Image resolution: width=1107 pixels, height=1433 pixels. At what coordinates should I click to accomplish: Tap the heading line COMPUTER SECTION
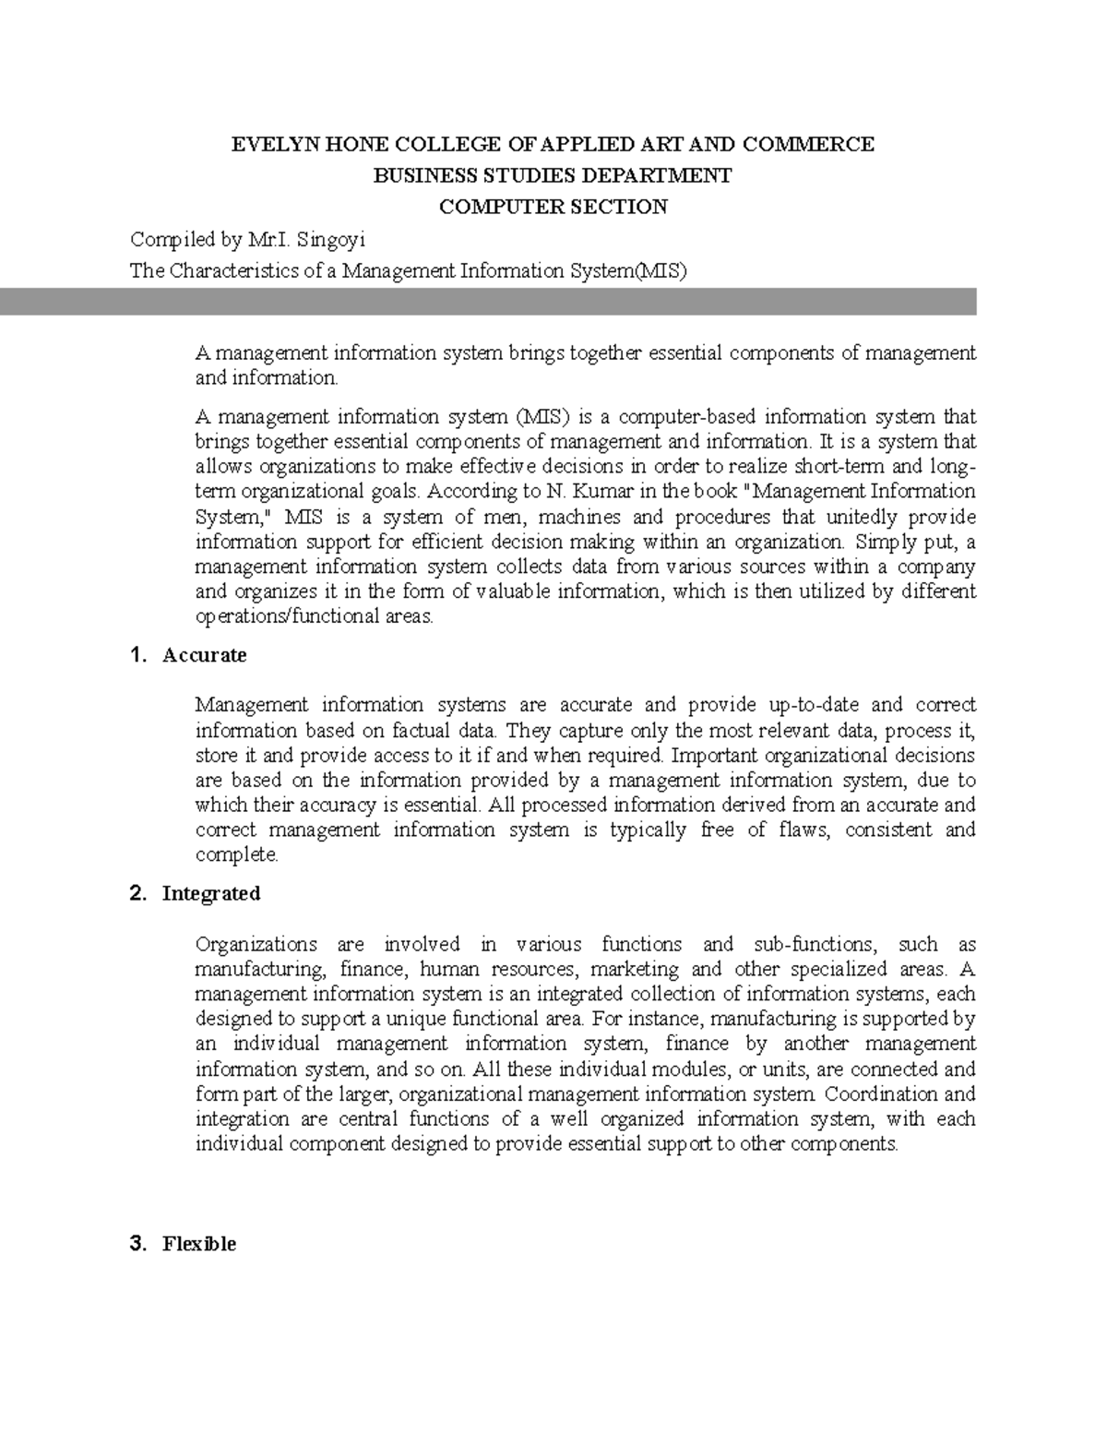[553, 207]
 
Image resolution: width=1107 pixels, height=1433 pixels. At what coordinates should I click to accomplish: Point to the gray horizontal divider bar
[488, 302]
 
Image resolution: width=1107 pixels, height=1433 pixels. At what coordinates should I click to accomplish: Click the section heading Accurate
[204, 655]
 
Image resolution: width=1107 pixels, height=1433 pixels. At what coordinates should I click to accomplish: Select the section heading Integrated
[211, 893]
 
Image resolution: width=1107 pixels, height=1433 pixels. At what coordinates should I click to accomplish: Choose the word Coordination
[882, 1094]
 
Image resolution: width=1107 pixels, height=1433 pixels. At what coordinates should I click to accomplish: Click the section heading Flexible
[199, 1244]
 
